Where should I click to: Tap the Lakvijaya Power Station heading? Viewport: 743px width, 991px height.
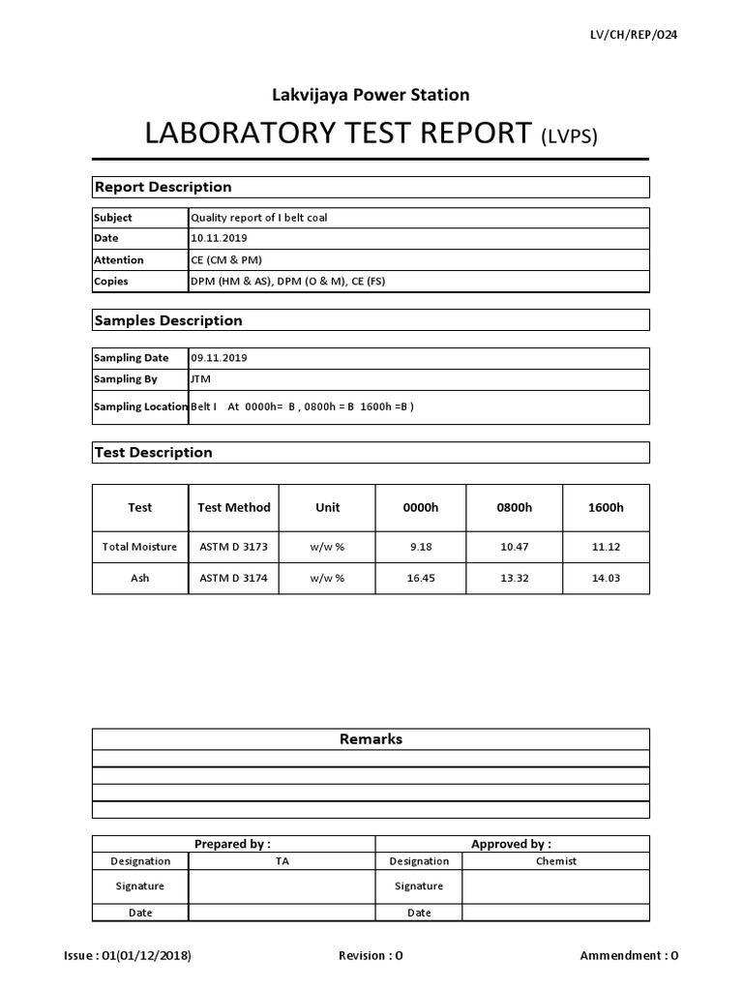coord(371,95)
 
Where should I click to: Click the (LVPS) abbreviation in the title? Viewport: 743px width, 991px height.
coord(569,135)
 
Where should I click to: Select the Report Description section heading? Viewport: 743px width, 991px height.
coord(162,187)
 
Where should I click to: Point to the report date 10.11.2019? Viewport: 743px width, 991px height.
coord(220,239)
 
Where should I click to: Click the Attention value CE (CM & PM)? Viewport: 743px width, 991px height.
coord(226,260)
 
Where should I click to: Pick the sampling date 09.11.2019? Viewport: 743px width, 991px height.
coord(220,358)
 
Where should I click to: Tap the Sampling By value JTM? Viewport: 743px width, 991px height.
coord(201,379)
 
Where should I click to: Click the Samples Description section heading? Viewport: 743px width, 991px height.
coord(167,320)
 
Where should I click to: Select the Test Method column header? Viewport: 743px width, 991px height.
coord(234,507)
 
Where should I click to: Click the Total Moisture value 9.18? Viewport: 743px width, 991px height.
coord(420,547)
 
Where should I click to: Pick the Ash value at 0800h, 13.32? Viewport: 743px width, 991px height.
coord(514,579)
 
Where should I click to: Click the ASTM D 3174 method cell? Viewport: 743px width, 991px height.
coord(234,579)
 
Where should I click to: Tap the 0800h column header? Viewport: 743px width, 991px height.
coord(514,507)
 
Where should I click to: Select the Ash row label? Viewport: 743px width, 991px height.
coord(140,579)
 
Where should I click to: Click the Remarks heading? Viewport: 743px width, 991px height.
coord(371,739)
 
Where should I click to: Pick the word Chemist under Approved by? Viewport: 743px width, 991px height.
coord(555,861)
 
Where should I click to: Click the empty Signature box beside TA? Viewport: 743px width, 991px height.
coord(282,886)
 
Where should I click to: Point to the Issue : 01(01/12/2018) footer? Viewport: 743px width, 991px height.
coord(128,956)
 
